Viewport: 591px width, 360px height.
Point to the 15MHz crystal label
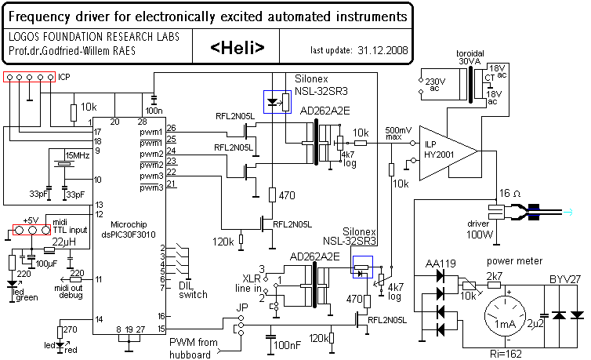(77, 155)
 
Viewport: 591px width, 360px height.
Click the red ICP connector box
(29, 77)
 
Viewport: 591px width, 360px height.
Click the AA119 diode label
(437, 262)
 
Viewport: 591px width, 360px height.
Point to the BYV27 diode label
(564, 278)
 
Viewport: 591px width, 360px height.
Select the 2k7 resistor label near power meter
(494, 277)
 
